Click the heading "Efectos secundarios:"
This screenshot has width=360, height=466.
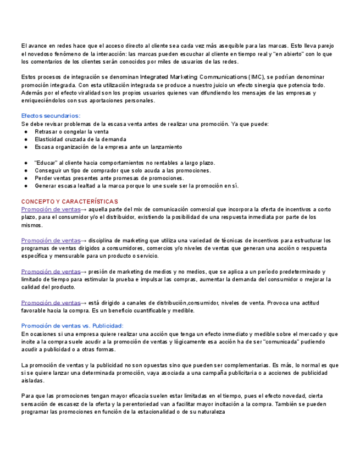(51, 115)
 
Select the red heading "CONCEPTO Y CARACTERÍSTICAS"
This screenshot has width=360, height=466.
(69, 202)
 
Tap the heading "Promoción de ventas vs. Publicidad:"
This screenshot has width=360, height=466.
(72, 325)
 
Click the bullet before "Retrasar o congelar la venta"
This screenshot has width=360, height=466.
(26, 132)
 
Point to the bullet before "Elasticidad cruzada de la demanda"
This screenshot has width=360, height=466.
(26, 140)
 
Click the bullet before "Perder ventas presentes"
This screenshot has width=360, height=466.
(26, 178)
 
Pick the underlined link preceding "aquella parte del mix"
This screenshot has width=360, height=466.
(51, 209)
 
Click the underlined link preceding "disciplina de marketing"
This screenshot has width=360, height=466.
(51, 240)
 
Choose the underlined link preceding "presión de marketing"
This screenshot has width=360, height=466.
(51, 271)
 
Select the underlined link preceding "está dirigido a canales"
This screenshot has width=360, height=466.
(51, 303)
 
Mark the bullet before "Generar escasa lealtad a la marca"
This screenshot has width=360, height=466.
(26, 186)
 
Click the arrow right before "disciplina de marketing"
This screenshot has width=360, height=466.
(84, 240)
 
